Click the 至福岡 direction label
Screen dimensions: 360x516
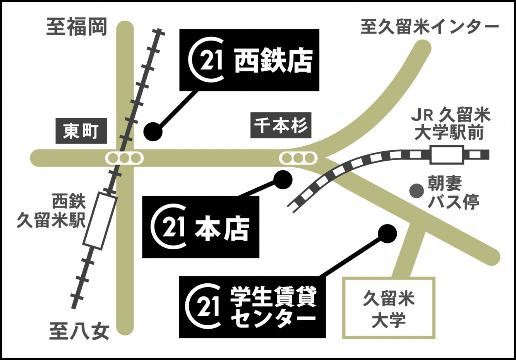[77, 27]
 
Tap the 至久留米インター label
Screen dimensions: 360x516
[429, 27]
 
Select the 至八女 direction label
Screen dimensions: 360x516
[80, 332]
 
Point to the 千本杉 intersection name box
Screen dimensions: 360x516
[281, 125]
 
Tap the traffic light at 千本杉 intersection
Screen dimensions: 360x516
[298, 158]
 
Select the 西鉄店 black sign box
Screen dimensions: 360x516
[249, 60]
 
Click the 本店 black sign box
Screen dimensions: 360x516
[201, 227]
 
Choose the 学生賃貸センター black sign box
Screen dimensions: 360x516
[252, 307]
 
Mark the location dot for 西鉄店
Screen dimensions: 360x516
[153, 132]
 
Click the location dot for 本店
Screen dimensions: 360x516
[282, 180]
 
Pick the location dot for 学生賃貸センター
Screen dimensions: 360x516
[387, 234]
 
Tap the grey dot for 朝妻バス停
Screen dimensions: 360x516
[417, 190]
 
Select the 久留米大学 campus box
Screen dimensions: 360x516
[389, 308]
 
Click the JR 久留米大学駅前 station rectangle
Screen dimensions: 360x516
[446, 155]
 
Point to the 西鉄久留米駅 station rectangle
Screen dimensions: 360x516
[100, 221]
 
